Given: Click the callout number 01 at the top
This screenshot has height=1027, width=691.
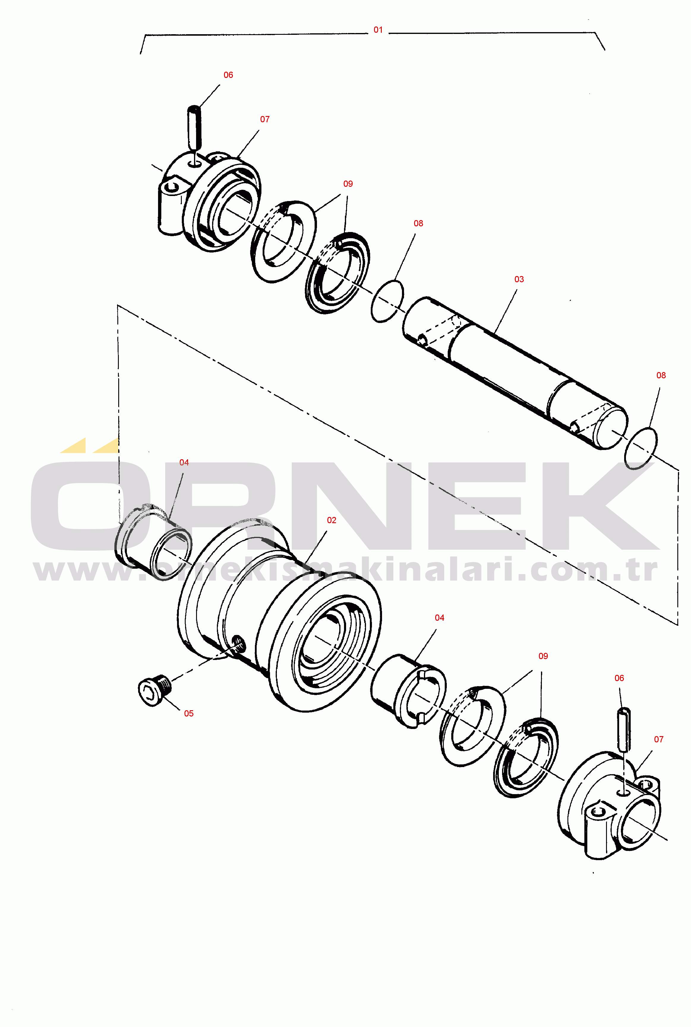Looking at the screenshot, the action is click(378, 30).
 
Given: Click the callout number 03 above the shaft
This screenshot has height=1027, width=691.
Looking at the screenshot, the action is click(519, 279).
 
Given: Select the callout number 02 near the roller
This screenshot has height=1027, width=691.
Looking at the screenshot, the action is click(332, 520).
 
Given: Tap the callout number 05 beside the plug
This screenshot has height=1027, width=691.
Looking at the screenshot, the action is click(189, 713).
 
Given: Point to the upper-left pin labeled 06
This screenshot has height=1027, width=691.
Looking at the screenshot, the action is click(194, 127).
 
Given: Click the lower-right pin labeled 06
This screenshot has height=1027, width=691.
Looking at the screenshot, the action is click(624, 729).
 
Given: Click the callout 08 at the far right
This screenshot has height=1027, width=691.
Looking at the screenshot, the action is click(661, 375).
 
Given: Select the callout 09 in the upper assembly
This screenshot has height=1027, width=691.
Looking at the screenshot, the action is click(348, 184).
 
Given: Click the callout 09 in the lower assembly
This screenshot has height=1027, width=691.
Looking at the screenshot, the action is click(543, 656).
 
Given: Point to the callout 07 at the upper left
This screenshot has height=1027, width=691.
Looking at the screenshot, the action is click(265, 120).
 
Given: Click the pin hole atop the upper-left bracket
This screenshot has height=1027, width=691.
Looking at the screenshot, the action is click(194, 164).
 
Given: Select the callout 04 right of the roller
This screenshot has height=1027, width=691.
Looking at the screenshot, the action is click(439, 618).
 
